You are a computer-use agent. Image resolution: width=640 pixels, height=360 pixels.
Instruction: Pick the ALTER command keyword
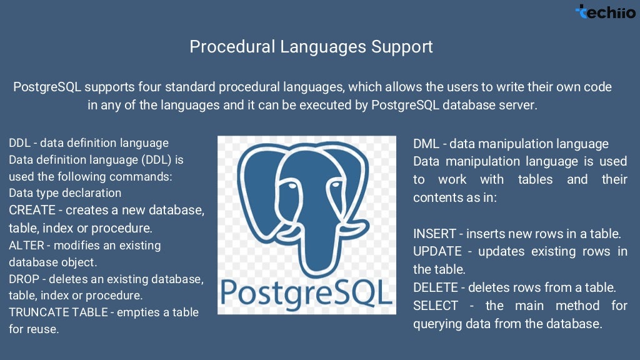[x=26, y=245]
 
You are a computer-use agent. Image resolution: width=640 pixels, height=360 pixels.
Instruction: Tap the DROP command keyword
[x=24, y=279]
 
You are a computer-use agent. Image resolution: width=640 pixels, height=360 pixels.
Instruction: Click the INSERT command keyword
[x=434, y=234]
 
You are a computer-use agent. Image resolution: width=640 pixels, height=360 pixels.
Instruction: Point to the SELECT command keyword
[x=435, y=306]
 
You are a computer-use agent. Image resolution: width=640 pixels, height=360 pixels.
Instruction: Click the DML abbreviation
[x=426, y=144]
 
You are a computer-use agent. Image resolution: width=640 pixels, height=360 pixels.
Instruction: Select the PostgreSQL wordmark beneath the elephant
[x=306, y=292]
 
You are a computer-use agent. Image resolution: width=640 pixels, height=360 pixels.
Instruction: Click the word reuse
[x=43, y=329]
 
